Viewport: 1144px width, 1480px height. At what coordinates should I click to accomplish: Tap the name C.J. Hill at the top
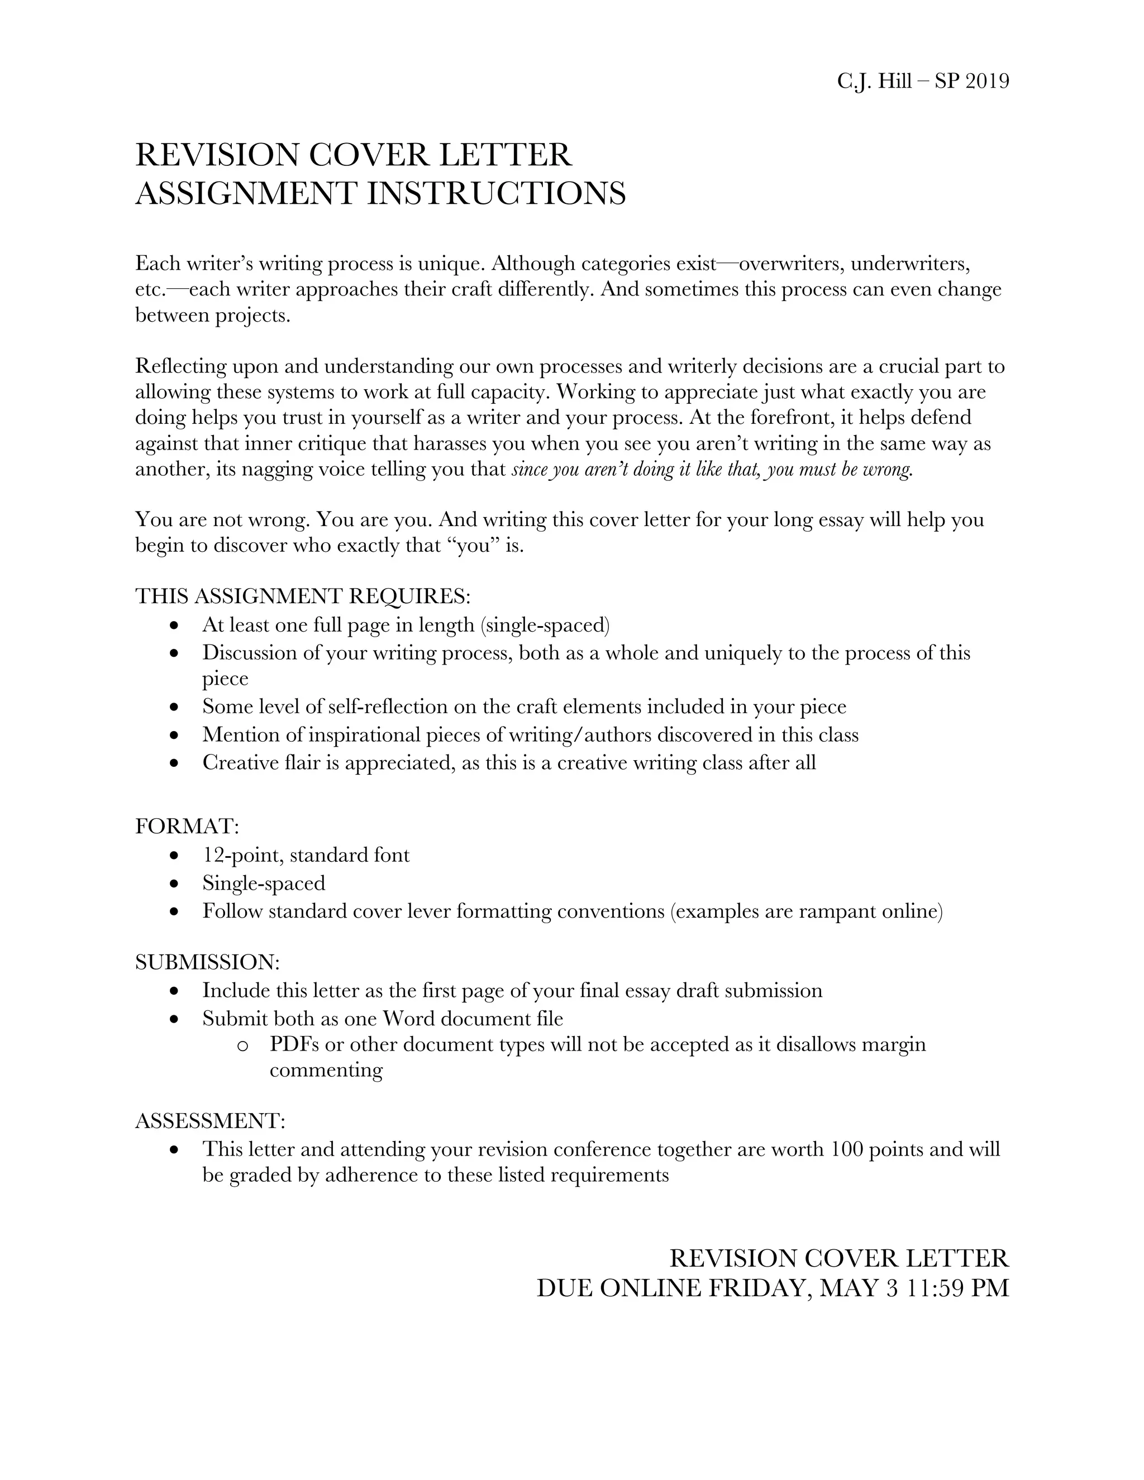click(x=874, y=82)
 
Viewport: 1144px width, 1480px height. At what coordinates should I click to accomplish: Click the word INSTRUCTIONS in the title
click(x=496, y=194)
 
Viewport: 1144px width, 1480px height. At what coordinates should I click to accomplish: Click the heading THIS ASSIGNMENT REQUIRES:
click(x=302, y=596)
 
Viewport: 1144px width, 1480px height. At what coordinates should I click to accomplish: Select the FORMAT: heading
click(x=187, y=827)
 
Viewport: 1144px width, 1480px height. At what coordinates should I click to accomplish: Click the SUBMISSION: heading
click(x=207, y=962)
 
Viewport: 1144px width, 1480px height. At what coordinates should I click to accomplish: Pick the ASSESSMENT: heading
click(x=210, y=1121)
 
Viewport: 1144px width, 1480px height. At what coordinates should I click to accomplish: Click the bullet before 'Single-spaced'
click(x=175, y=884)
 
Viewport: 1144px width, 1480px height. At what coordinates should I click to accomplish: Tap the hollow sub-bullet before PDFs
click(x=242, y=1046)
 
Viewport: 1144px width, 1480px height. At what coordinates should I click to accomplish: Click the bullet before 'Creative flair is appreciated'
click(x=175, y=763)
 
